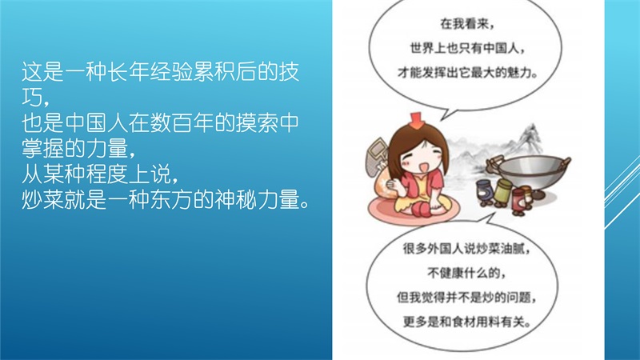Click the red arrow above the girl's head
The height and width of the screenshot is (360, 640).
tap(415, 120)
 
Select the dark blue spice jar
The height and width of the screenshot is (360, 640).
tap(485, 191)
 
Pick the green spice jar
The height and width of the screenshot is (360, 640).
tap(502, 191)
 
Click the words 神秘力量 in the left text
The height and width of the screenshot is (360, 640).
tap(258, 199)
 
